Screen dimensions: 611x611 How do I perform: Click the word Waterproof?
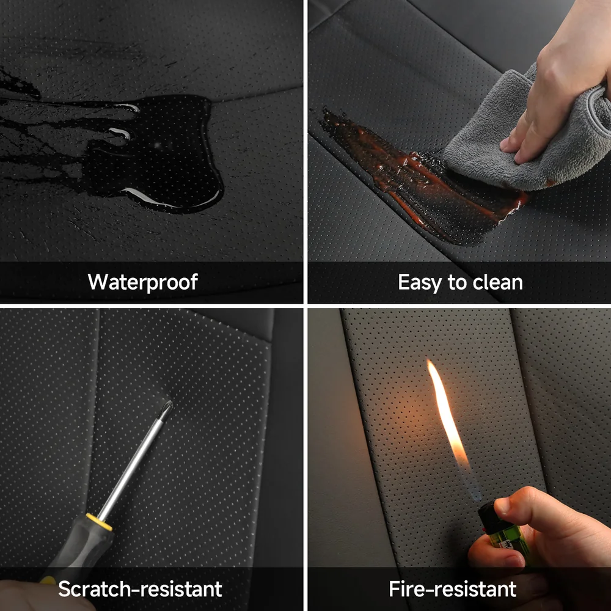142,282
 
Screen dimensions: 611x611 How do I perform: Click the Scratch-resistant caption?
140,589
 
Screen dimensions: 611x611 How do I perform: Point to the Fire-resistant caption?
452,589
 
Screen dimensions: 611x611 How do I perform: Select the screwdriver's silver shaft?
131,464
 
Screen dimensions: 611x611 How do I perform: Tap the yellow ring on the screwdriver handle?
99,521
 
